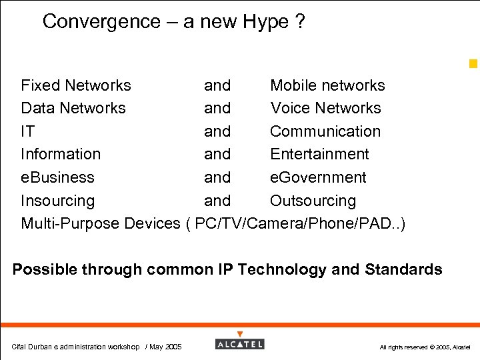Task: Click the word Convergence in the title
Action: point(101,22)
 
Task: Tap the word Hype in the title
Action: point(265,22)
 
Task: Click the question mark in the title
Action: point(300,22)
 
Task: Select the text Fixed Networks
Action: point(76,85)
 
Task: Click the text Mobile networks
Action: point(327,85)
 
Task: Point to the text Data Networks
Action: point(73,108)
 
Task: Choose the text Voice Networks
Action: point(325,108)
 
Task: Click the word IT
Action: point(28,131)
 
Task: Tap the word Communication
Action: point(325,131)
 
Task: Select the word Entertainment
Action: point(319,154)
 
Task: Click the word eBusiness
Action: point(58,177)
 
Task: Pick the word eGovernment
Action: point(318,177)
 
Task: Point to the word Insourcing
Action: point(58,201)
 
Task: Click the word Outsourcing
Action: point(313,201)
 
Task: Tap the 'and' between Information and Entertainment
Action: point(217,154)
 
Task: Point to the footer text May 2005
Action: point(166,347)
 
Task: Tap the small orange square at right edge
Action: point(473,64)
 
